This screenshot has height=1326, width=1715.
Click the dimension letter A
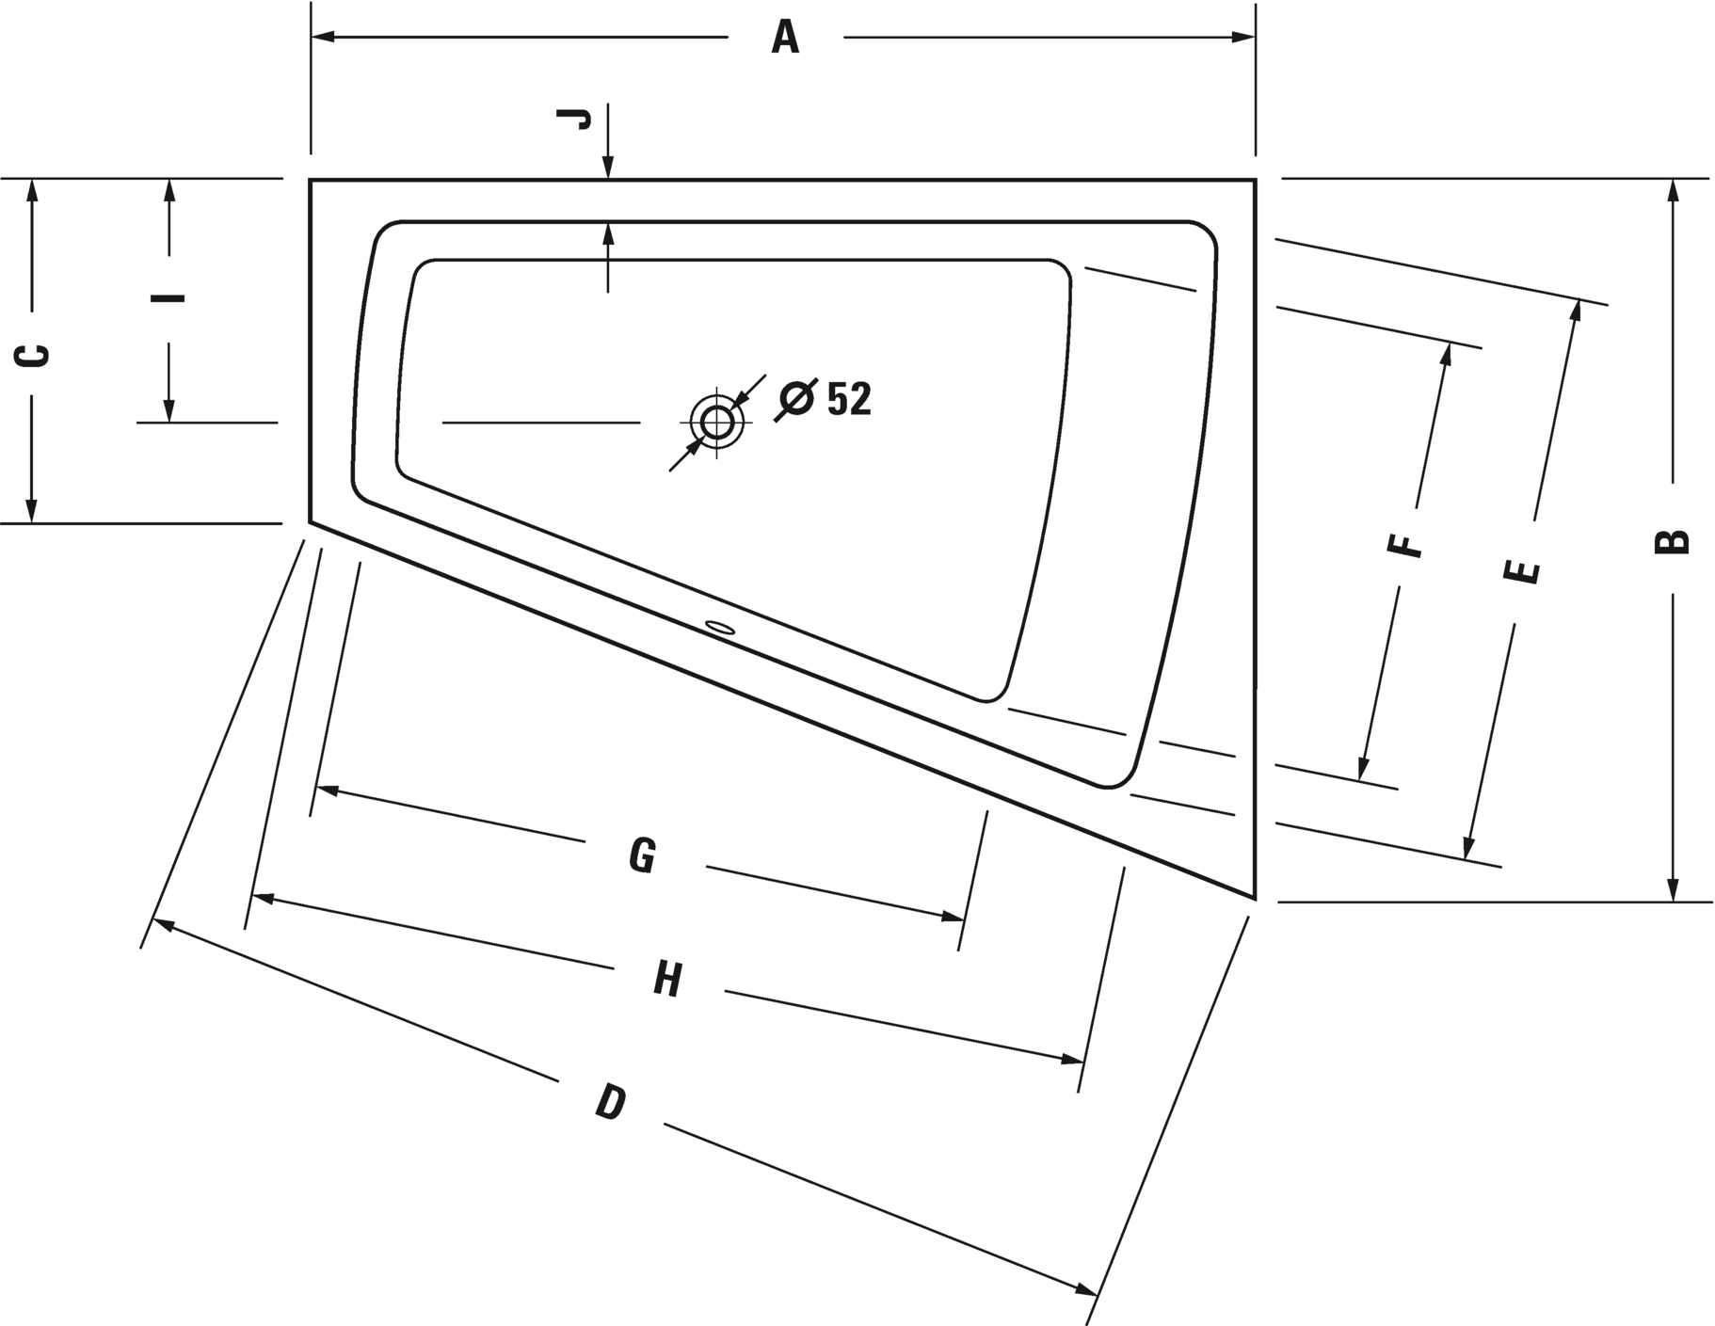(785, 38)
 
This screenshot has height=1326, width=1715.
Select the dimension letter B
(1672, 542)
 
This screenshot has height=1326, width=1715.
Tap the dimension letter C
(33, 355)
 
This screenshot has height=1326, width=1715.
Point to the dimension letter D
(611, 1101)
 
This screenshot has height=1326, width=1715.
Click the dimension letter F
(1405, 544)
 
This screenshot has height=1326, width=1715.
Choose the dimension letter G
(642, 855)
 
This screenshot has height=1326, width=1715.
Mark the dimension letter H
(667, 980)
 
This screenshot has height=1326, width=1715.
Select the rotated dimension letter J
(574, 118)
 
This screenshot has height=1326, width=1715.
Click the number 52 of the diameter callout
(849, 399)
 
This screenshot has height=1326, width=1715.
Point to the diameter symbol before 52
(795, 400)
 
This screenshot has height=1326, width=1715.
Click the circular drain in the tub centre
(716, 421)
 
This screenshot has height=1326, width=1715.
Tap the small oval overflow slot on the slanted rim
(721, 626)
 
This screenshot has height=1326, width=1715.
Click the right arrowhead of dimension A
(1243, 38)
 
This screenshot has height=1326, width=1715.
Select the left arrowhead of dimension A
(323, 38)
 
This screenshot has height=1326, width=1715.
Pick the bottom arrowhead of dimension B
(1673, 889)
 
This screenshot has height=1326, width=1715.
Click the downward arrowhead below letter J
(608, 167)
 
